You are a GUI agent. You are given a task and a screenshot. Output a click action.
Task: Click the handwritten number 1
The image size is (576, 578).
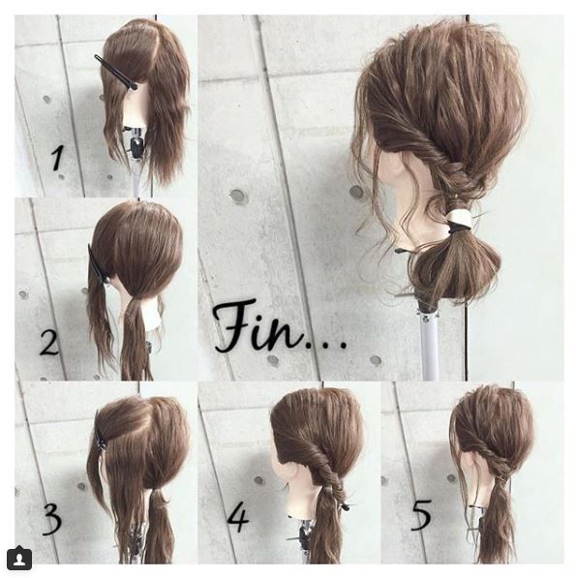(59, 156)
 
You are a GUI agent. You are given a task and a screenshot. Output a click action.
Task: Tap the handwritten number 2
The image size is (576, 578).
(49, 343)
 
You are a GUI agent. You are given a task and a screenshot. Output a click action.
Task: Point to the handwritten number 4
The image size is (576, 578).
(238, 516)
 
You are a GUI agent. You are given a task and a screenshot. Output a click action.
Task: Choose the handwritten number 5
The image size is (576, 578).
(420, 514)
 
